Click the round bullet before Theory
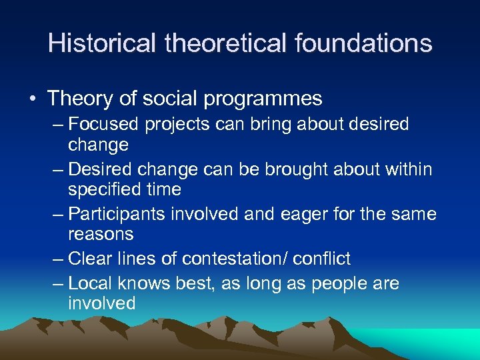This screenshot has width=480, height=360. (x=31, y=99)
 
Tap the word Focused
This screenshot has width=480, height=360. (x=103, y=125)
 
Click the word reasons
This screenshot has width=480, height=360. (x=101, y=235)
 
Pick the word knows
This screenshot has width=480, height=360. (x=143, y=284)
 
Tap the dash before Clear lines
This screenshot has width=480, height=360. (x=58, y=259)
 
